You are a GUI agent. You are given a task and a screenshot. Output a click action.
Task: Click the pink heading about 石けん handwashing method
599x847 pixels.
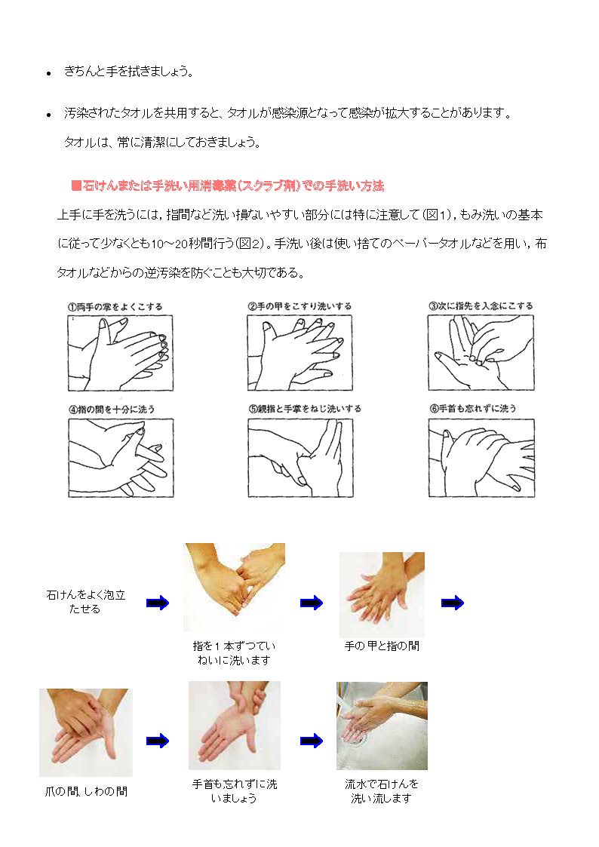227,186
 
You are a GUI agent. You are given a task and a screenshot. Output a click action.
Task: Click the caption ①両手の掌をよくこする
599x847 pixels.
115,307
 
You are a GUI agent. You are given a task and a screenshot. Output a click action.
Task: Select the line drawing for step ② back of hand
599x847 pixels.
299,353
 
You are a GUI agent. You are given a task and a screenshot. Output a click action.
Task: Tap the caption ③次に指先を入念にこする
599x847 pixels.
481,305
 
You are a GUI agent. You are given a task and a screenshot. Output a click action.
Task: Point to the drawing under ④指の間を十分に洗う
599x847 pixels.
121,458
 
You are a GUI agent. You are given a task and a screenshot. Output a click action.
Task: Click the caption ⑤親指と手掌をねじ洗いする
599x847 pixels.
305,409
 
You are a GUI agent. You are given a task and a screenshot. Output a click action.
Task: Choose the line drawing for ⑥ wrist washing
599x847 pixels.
481,458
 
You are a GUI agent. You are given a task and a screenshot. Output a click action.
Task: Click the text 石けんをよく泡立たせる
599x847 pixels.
85,602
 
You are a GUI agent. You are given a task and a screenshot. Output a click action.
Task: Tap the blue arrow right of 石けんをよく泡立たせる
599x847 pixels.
158,603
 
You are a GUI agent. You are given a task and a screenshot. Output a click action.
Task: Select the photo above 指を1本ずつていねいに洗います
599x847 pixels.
235,588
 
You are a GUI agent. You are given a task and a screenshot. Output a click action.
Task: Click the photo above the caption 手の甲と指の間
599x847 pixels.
382,595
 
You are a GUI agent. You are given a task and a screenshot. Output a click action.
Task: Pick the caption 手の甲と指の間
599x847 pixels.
382,646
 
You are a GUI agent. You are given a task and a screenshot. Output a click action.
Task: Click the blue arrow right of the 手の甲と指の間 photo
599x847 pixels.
453,603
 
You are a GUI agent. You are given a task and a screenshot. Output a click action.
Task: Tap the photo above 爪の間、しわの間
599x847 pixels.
86,732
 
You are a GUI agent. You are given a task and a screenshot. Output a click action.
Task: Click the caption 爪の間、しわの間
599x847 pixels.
86,792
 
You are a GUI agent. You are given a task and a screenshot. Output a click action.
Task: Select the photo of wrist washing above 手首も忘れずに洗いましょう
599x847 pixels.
235,726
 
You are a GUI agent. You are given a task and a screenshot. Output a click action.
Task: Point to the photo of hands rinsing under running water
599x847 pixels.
382,726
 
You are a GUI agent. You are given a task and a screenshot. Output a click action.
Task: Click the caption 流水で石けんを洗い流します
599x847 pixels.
382,791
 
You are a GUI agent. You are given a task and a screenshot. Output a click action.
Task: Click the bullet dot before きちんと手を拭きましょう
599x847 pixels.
48,73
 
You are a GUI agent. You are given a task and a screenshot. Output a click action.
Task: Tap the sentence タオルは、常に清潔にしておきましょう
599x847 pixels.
163,142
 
